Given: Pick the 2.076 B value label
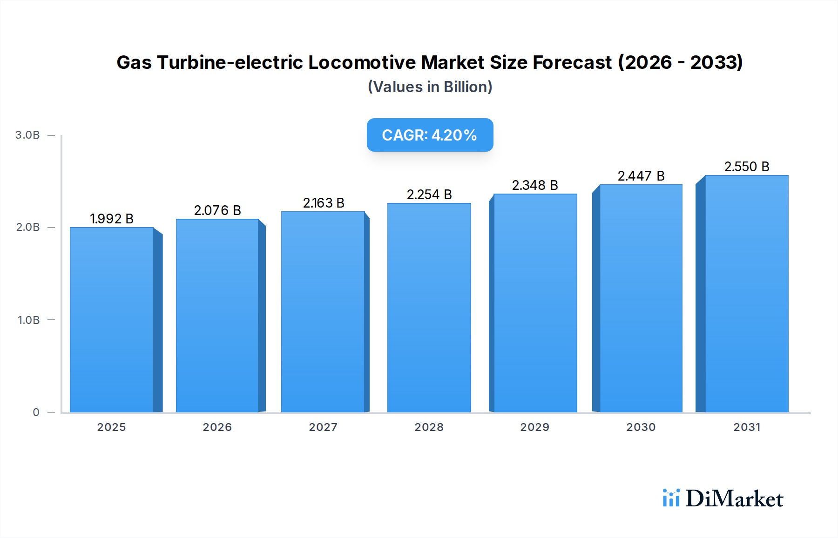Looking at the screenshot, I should pos(217,210).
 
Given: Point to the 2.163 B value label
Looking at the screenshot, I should pos(324,203).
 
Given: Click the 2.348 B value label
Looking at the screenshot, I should pos(535,185).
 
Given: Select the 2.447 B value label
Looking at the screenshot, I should pos(641,176).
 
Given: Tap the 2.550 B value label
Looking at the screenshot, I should pos(747,167).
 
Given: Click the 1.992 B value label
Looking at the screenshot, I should pos(112,219).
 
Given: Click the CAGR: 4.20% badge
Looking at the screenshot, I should pos(430,135).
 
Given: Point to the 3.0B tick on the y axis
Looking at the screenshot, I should pos(27,135).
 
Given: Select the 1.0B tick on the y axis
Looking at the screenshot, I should pos(28,320).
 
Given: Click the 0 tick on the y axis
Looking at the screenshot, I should pos(36,412).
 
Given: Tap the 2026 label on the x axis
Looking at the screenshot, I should pos(217,427).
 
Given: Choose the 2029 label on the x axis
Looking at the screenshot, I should pos(534,427).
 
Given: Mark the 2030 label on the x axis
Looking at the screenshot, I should pos(641,427).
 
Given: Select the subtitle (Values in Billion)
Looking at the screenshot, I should pos(430,87).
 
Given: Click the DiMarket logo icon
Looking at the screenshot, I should pos(671,498).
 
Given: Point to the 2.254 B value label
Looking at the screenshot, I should pos(429,195).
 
